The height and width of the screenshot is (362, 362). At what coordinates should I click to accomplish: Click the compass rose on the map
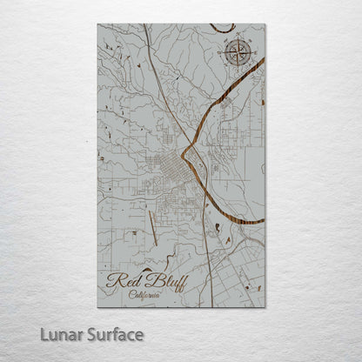pos(236,53)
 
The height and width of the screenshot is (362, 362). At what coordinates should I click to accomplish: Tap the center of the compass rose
pos(236,53)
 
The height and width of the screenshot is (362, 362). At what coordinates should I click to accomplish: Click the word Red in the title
pos(122,280)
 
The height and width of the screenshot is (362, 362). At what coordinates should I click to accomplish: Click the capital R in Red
pos(113,280)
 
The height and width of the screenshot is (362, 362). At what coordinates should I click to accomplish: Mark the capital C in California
pos(131,294)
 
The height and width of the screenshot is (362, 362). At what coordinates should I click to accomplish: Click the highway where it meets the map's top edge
pos(145,25)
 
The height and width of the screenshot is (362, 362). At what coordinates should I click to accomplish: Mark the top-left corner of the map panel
pos(98,24)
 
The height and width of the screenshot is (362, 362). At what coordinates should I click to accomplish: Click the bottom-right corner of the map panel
pos(265,307)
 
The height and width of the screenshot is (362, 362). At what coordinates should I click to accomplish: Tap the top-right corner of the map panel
pos(265,24)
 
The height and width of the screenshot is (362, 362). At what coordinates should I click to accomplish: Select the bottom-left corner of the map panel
pos(98,307)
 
